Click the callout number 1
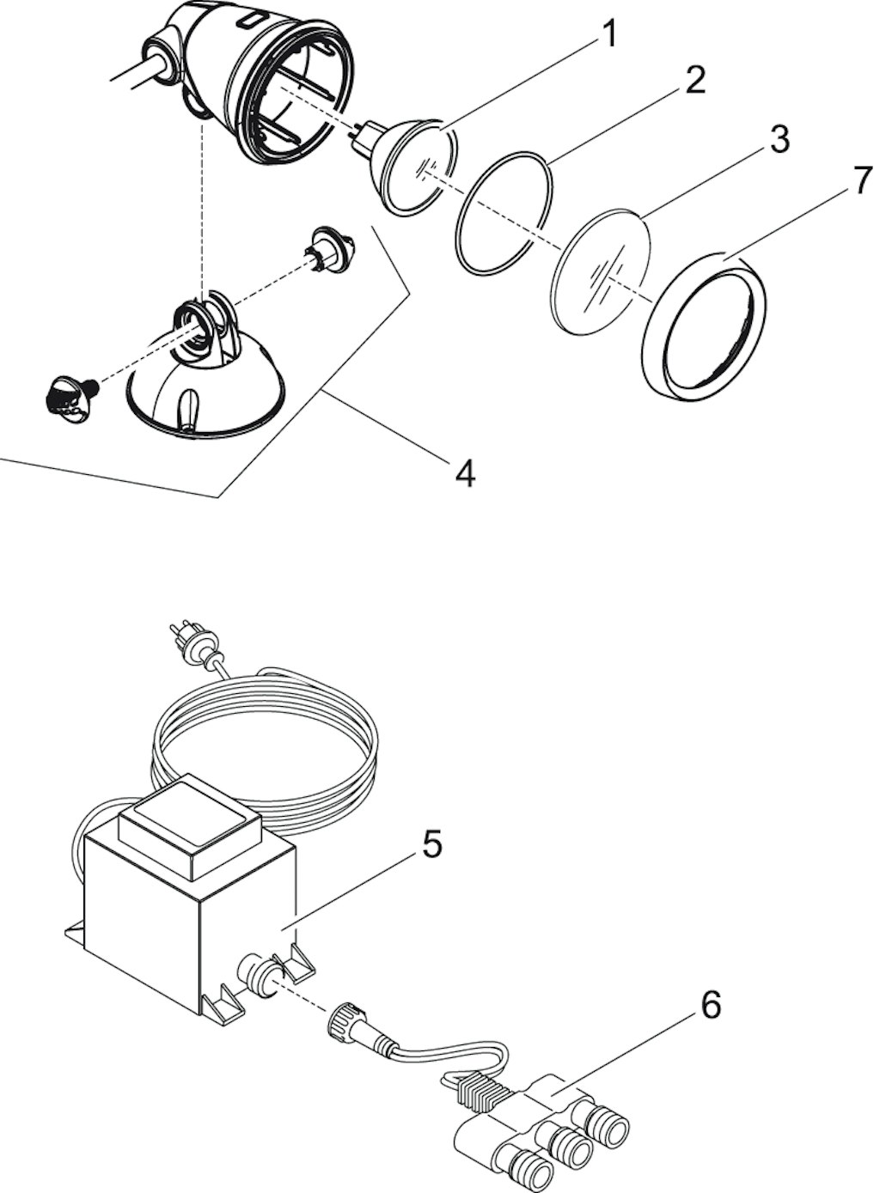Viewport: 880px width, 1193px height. (x=607, y=33)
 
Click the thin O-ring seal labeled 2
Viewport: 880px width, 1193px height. (x=504, y=214)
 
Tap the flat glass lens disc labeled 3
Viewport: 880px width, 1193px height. (x=602, y=271)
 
